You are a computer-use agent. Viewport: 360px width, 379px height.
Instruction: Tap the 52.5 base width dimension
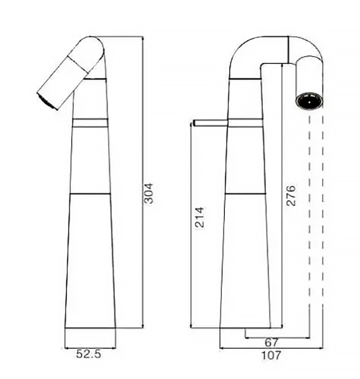[x=88, y=354]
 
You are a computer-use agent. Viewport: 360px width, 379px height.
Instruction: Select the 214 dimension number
[x=200, y=217]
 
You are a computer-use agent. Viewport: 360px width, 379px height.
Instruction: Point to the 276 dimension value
[x=291, y=196]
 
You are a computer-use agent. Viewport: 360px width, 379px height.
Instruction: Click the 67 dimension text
[x=272, y=342]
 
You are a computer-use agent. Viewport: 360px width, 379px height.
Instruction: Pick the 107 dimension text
[x=272, y=355]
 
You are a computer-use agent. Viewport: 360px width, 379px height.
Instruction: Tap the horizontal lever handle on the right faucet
[x=210, y=123]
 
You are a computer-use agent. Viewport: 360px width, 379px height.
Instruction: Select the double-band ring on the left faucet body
[x=90, y=123]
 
